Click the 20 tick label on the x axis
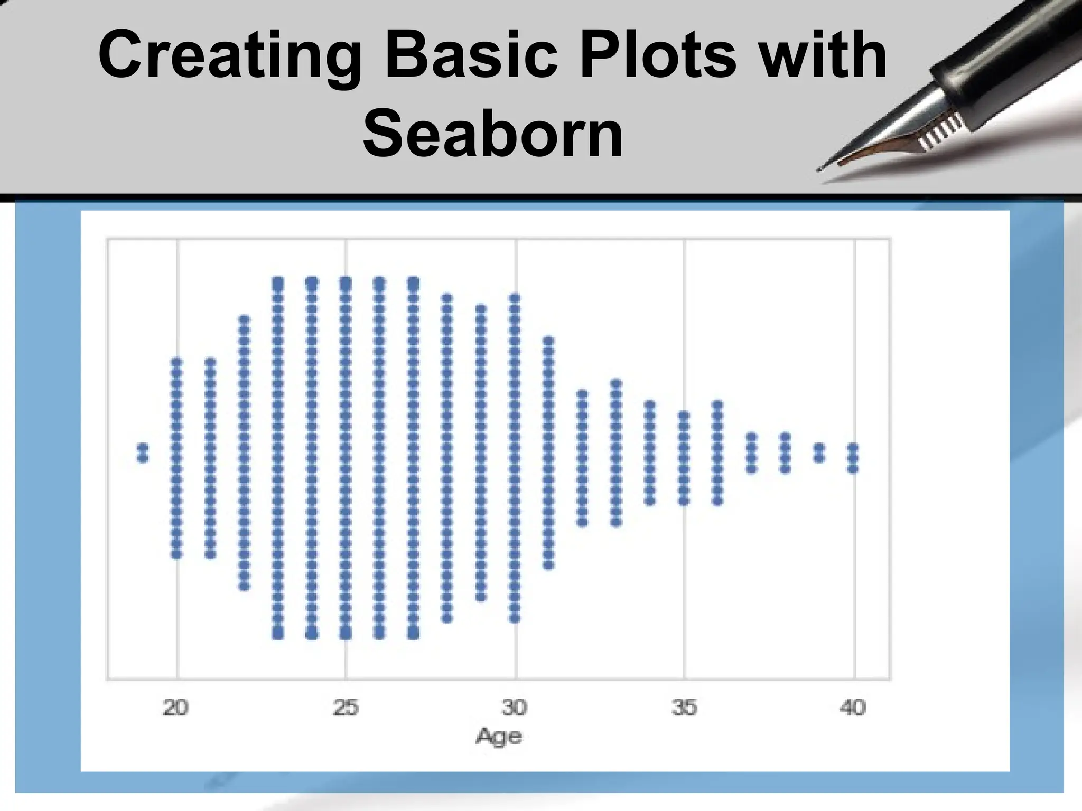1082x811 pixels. [x=175, y=707]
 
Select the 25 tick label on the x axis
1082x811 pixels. [x=346, y=707]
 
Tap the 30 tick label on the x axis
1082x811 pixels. [x=515, y=707]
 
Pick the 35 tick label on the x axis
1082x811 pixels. [x=684, y=707]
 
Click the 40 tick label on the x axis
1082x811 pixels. [x=853, y=707]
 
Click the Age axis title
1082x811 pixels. [x=499, y=736]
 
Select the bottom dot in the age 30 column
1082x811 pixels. [x=515, y=618]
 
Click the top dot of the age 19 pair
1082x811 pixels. [x=143, y=448]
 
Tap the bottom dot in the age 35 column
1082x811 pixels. [x=684, y=501]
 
